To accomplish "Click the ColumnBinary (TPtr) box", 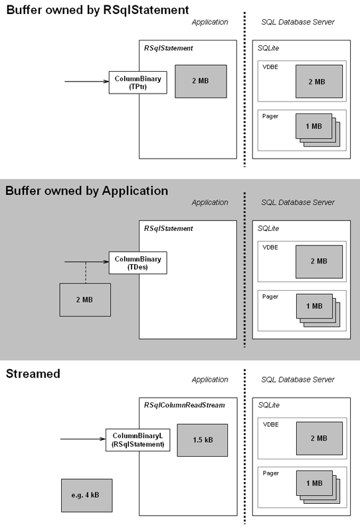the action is click(137, 82).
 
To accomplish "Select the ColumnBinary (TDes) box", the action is click(137, 263).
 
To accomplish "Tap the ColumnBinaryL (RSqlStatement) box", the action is click(138, 440).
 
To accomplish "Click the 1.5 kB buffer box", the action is click(203, 440).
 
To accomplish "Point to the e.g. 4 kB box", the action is click(87, 495).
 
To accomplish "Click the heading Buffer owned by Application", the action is click(87, 190).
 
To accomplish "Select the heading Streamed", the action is click(33, 374).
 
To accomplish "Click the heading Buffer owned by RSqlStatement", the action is click(98, 10).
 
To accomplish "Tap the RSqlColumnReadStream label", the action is click(185, 405).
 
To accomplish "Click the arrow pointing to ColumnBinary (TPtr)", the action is click(87, 81).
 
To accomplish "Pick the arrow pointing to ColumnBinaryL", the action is click(83, 439).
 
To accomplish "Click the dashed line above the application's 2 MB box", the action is click(86, 273).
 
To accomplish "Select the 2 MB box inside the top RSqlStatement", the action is click(201, 81).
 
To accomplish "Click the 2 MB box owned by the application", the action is click(85, 300).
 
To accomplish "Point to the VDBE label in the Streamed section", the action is click(270, 425).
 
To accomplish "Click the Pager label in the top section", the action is click(270, 116).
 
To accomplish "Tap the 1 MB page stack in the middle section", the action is click(318, 310).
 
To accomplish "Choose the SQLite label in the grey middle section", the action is click(268, 228).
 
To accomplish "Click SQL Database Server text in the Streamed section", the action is click(298, 380).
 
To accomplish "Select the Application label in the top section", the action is click(210, 23).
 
